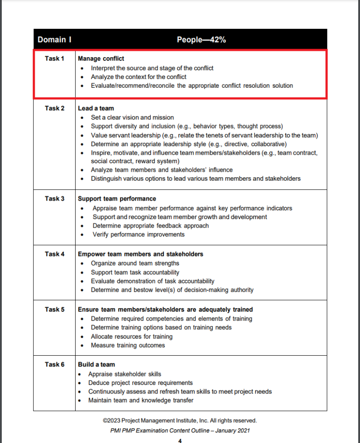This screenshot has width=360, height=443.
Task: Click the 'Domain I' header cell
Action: coord(54,40)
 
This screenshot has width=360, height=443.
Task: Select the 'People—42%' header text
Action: coord(201,40)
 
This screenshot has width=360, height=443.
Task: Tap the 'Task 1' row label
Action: coord(54,58)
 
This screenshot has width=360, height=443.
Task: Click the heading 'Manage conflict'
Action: coord(101,58)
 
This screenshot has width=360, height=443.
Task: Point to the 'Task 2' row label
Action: coord(54,108)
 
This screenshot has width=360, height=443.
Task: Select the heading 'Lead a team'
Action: coord(96,108)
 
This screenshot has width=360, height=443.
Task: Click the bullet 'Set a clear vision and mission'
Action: coord(132,117)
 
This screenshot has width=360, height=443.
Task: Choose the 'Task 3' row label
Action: coord(54,198)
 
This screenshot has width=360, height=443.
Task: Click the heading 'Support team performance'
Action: coord(117,198)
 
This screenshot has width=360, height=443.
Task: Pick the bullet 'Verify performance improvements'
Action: coord(139,234)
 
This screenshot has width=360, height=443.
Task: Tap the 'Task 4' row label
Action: coord(54,254)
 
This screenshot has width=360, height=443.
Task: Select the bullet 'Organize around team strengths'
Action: coord(135,263)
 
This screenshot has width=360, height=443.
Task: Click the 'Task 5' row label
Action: coord(54,309)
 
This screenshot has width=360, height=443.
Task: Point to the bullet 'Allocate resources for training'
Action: coord(131,336)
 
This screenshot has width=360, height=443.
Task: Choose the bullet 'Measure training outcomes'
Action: coord(128,345)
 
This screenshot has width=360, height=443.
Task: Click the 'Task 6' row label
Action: coord(54,364)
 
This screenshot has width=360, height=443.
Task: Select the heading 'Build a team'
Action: coord(96,364)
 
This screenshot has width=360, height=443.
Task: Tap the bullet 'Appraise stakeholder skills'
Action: coord(125,374)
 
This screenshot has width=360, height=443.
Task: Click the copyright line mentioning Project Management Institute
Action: coord(180,421)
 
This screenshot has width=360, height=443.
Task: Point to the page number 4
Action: coord(180,440)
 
